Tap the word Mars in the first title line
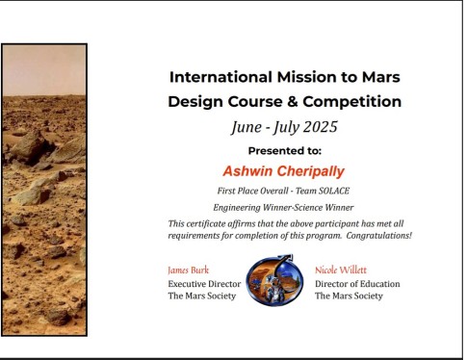coord(379,77)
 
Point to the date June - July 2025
coord(284,126)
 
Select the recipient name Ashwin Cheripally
coord(284,170)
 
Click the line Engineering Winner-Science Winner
coord(284,207)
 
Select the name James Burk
coord(189,270)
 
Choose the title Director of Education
coord(357,284)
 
